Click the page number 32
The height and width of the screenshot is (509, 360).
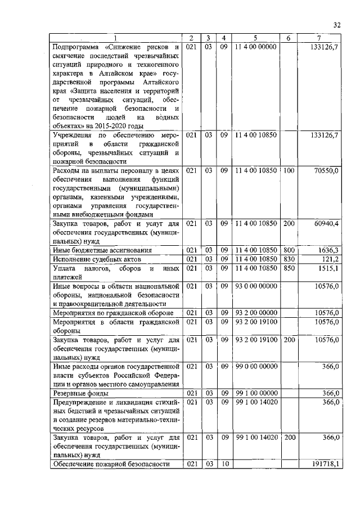point(337,24)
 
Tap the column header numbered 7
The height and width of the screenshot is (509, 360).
point(319,38)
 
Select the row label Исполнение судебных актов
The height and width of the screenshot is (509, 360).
point(96,259)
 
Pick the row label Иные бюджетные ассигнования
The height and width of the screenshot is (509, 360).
point(102,250)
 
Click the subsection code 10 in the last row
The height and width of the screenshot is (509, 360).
point(223,464)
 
